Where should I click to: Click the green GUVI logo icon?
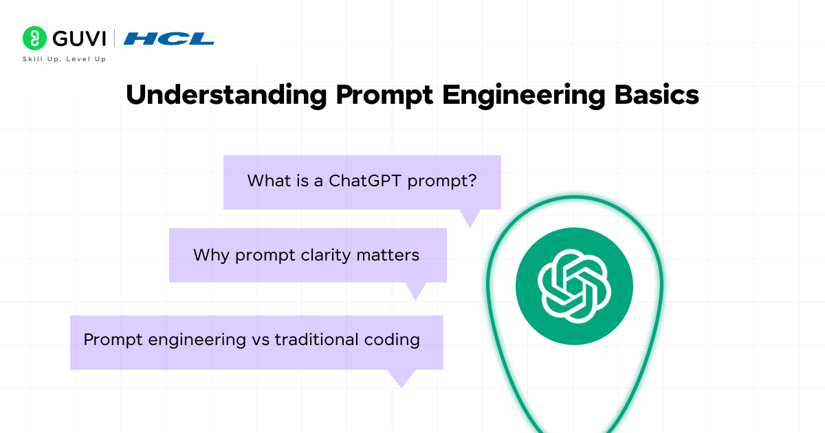pyautogui.click(x=34, y=38)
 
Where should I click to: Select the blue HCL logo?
pyautogui.click(x=169, y=38)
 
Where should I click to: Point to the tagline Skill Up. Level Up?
pyautogui.click(x=65, y=60)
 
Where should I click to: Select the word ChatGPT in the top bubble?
pyautogui.click(x=365, y=181)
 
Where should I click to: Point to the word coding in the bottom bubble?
pyautogui.click(x=393, y=340)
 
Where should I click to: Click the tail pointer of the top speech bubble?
pyautogui.click(x=470, y=218)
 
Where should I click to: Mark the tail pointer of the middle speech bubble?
pyautogui.click(x=415, y=291)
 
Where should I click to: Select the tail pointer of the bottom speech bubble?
pyautogui.click(x=401, y=378)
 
